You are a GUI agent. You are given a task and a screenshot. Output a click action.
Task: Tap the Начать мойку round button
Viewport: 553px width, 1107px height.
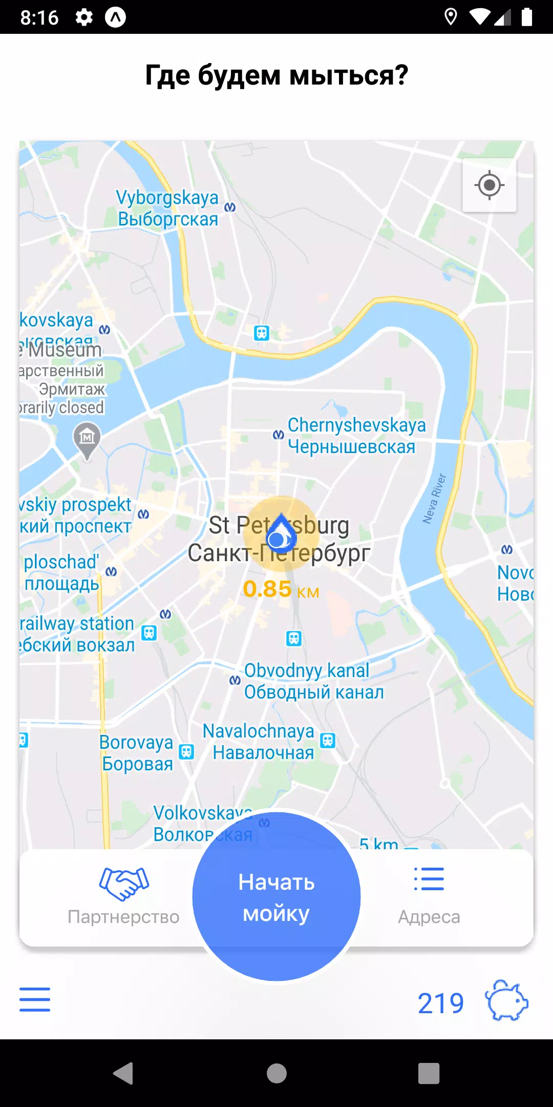point(276,897)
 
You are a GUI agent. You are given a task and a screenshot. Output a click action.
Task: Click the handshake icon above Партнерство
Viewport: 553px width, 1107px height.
point(124,883)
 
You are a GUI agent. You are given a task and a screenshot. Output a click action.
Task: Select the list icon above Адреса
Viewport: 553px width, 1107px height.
point(429,879)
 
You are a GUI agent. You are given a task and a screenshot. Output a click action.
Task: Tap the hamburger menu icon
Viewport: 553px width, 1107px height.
point(35,999)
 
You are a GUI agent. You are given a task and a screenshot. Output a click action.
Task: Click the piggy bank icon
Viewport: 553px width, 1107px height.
point(506,1000)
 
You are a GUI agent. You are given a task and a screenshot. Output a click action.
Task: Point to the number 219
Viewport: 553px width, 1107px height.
point(440,1003)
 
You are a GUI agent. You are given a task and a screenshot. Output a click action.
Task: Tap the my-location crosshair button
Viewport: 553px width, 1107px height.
point(490,185)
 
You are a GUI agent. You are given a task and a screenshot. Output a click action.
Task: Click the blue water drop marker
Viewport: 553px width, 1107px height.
point(281,533)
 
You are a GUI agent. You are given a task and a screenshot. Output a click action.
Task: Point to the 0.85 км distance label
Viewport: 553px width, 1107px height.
point(281,589)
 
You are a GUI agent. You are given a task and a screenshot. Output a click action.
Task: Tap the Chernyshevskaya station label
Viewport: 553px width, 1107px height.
point(356,436)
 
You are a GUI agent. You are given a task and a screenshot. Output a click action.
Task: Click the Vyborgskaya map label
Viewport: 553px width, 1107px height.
point(167,208)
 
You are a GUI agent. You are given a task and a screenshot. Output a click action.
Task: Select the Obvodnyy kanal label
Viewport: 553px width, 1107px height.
point(313,681)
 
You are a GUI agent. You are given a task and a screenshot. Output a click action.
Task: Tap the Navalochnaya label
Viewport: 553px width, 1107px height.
point(259,742)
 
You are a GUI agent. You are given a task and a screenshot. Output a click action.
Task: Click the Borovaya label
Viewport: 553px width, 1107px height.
point(137,752)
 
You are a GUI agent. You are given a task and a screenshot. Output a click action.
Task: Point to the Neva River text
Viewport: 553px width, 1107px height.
point(434,498)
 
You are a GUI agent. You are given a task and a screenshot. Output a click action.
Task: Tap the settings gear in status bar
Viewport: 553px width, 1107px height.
point(84,17)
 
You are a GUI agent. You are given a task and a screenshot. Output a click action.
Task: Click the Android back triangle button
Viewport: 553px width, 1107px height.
point(123,1073)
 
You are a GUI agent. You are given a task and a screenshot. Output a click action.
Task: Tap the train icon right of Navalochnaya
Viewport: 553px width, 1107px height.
point(328,741)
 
